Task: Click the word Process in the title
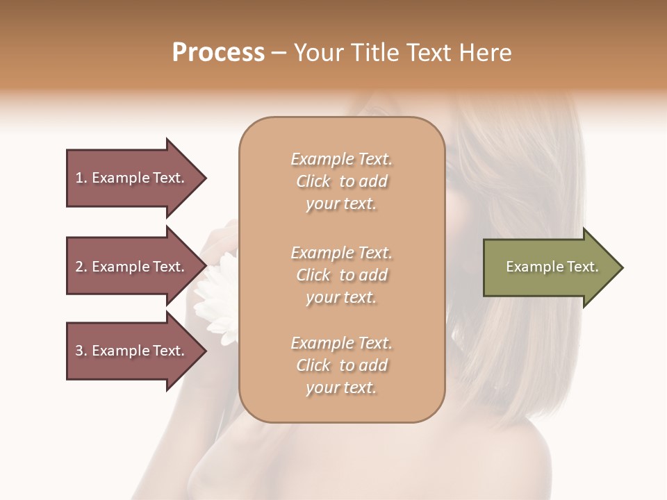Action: coord(218,53)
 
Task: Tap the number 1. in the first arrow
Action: coord(81,178)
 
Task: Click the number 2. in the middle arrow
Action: coord(81,267)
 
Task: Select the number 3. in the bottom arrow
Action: coord(81,351)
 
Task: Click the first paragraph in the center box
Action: coord(341,181)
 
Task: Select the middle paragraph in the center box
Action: coord(341,274)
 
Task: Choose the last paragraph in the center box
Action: coord(341,365)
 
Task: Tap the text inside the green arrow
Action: coord(552,267)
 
